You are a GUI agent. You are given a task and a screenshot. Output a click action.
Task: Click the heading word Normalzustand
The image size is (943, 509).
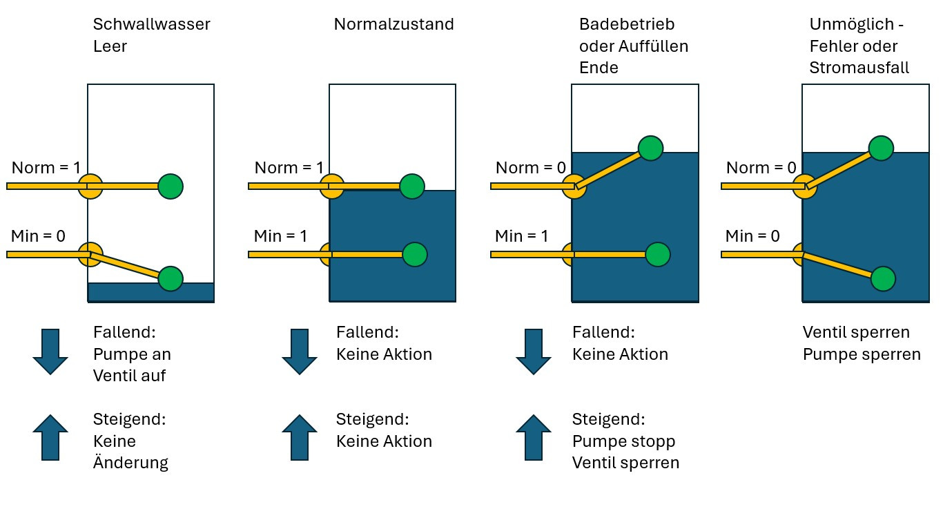pyautogui.click(x=393, y=25)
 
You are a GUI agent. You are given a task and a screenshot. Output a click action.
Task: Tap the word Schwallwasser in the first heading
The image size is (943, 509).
pyautogui.click(x=152, y=25)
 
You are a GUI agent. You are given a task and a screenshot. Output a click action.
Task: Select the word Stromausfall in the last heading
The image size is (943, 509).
pyautogui.click(x=859, y=68)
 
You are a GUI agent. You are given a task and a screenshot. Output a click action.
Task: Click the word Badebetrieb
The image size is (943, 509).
pyautogui.click(x=627, y=25)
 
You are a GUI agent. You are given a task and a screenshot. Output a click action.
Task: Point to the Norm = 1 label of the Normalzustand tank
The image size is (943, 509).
pyautogui.click(x=289, y=168)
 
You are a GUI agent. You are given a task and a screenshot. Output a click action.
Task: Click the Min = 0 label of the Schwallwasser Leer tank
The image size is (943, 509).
pyautogui.click(x=38, y=236)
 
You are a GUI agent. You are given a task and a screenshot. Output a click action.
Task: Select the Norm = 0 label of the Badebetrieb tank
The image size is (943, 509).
pyautogui.click(x=530, y=168)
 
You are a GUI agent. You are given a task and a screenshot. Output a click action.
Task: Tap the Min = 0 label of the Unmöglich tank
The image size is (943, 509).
pyautogui.click(x=752, y=236)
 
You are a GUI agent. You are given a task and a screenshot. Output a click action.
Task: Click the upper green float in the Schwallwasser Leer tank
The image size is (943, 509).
pyautogui.click(x=171, y=186)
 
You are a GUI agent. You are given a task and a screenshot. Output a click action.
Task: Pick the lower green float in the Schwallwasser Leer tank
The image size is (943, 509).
pyautogui.click(x=171, y=278)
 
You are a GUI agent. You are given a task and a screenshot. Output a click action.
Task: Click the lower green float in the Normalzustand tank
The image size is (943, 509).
pyautogui.click(x=414, y=254)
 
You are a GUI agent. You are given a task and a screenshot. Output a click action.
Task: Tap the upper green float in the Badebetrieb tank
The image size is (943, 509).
pyautogui.click(x=650, y=148)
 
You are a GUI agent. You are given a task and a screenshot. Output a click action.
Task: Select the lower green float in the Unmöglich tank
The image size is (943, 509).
pyautogui.click(x=883, y=278)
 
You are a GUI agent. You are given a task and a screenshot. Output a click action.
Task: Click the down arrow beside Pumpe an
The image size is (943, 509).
pyautogui.click(x=50, y=352)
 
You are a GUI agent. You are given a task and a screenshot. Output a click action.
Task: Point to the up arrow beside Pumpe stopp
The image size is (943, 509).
pyautogui.click(x=534, y=437)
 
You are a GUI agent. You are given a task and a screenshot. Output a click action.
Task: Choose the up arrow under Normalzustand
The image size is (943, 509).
pyautogui.click(x=299, y=437)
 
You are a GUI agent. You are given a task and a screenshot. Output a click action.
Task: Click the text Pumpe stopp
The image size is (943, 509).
pyautogui.click(x=623, y=441)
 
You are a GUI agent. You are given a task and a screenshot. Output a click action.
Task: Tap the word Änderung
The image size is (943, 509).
pyautogui.click(x=130, y=463)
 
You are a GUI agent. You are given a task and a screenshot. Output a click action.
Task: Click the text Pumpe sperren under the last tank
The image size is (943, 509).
pyautogui.click(x=862, y=354)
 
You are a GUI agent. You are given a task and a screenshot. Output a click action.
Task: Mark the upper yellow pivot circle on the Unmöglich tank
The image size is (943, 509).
pyautogui.click(x=804, y=186)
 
